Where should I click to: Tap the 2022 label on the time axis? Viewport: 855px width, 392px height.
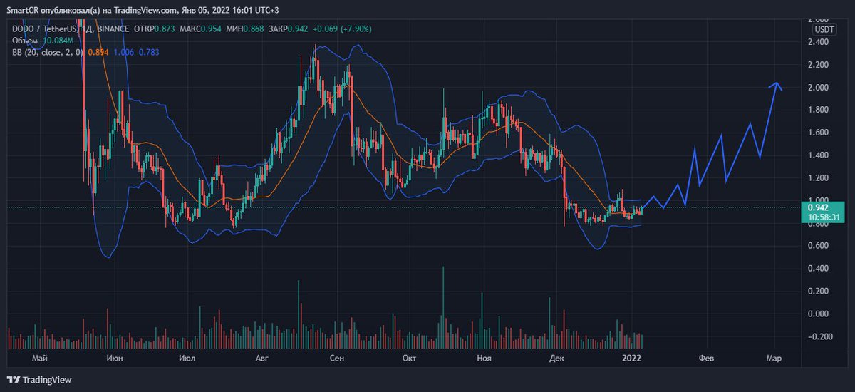click(632, 358)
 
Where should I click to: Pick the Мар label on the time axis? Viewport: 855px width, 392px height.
click(774, 358)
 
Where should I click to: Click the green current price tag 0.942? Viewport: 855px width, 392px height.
click(813, 207)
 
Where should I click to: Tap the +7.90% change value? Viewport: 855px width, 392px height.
click(356, 29)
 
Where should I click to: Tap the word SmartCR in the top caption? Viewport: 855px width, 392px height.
click(21, 8)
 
